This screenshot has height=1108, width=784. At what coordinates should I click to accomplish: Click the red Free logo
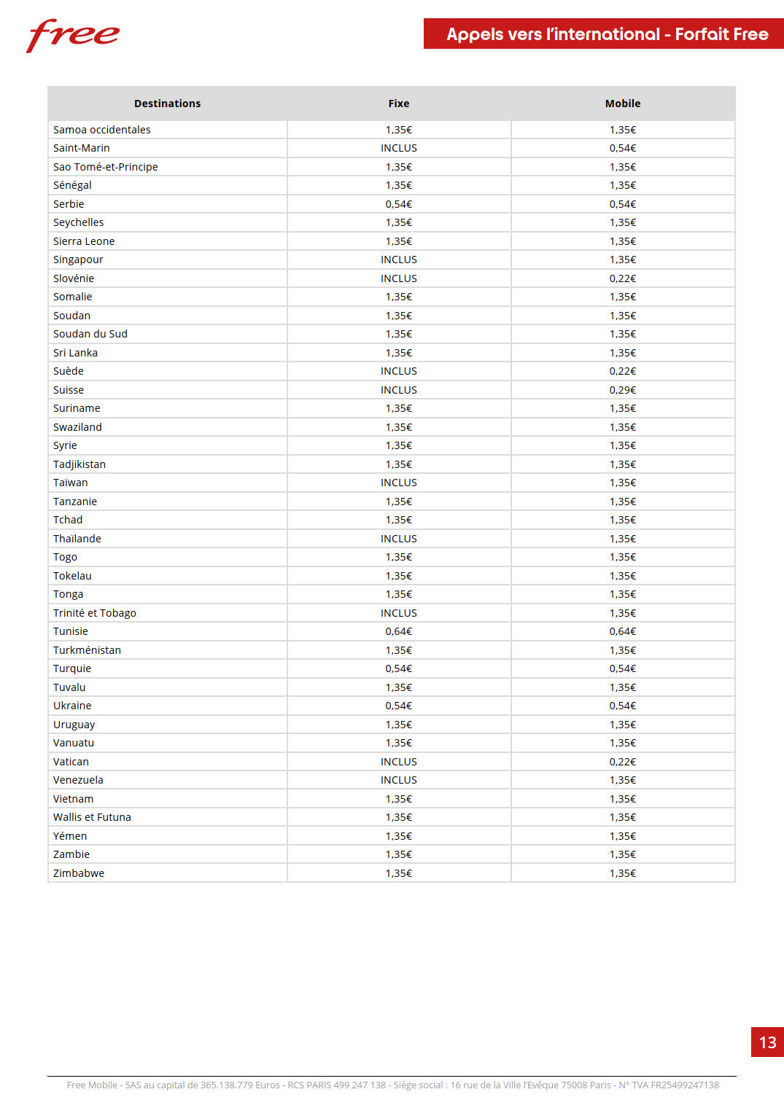tap(73, 35)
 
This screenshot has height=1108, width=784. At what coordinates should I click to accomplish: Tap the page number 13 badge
tap(767, 1042)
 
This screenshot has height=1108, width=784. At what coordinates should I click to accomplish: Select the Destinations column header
tap(167, 104)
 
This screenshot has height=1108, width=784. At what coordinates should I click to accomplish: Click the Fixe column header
tap(399, 104)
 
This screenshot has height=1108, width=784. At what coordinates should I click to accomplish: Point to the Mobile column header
tap(623, 104)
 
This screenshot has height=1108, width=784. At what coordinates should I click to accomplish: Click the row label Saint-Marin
tap(82, 148)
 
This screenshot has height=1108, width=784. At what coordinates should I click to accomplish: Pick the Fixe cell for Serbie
tap(399, 204)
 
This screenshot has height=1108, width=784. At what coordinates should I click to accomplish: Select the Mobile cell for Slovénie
tap(623, 278)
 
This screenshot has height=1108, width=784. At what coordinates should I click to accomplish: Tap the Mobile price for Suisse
tap(623, 390)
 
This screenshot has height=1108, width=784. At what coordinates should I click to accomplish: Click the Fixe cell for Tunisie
tap(399, 631)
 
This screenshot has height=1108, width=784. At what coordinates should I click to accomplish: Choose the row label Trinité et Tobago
tap(95, 613)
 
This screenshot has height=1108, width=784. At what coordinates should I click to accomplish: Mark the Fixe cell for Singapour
tap(399, 260)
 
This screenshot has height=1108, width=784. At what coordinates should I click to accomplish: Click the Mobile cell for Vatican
tap(623, 762)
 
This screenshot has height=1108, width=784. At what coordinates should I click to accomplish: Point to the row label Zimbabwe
tap(79, 873)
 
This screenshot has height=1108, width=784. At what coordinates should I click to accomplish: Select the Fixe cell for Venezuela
tap(399, 780)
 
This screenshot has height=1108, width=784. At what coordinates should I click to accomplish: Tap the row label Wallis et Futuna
tap(92, 817)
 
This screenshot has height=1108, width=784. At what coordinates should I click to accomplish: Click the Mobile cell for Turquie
tap(623, 668)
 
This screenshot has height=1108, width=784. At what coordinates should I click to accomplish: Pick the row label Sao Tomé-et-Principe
tap(106, 167)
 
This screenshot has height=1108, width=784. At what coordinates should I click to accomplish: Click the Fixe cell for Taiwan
tap(399, 483)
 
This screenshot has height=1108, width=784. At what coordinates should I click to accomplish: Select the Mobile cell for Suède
tap(623, 371)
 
